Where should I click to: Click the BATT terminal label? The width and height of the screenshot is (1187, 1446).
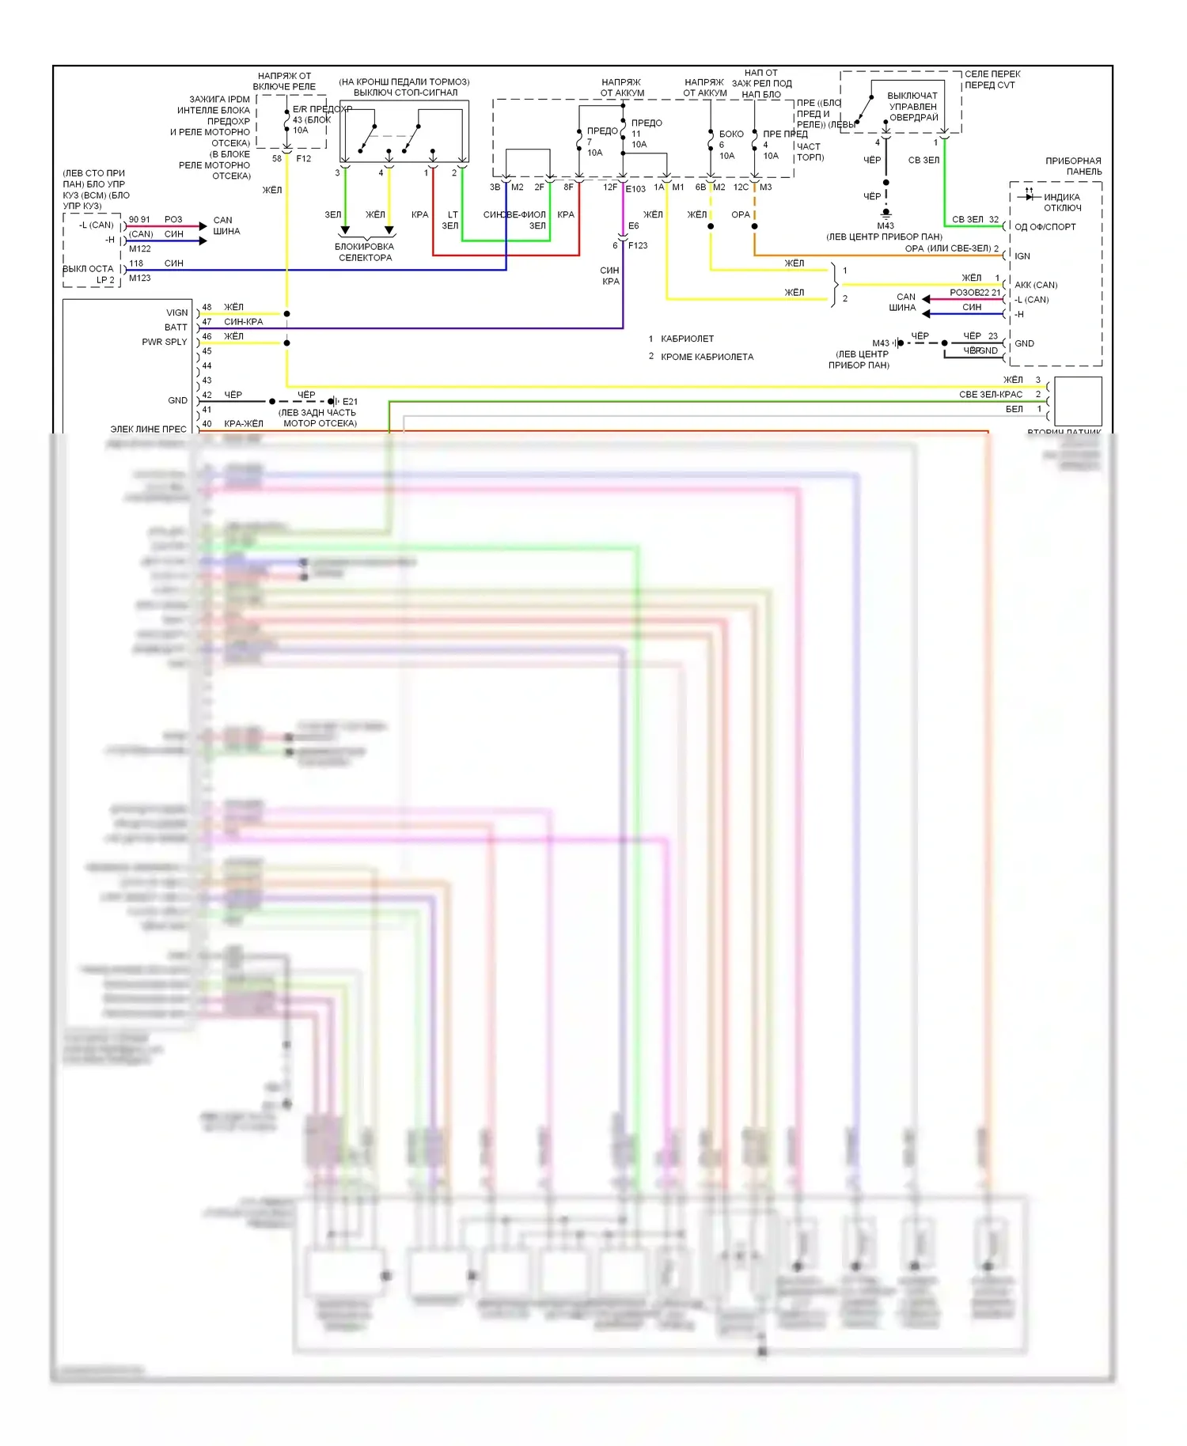tap(176, 327)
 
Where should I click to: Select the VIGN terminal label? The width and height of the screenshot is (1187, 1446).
tap(176, 312)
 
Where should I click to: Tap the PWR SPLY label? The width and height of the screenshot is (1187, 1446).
tap(164, 343)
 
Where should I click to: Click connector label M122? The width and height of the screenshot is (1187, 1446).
tap(140, 248)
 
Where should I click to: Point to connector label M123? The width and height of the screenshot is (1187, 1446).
tap(140, 278)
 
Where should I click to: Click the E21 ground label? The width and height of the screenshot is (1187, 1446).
tap(350, 401)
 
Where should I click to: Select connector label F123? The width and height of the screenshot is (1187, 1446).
tap(638, 245)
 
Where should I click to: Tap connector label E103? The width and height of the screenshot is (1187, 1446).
tap(635, 189)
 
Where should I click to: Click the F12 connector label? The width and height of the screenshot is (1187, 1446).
tap(304, 159)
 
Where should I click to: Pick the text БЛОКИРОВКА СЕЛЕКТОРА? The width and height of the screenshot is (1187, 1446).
tap(365, 252)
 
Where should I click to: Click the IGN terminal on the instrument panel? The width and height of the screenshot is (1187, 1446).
tap(1022, 256)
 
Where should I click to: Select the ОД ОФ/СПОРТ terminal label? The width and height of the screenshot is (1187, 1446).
tap(1045, 227)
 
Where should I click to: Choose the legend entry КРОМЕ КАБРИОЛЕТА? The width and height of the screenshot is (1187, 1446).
tap(707, 357)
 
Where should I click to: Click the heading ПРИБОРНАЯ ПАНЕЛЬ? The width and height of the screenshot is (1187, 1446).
tap(1073, 166)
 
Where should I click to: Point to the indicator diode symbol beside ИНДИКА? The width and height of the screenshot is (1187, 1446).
tap(1029, 195)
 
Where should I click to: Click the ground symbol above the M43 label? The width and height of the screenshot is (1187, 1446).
tap(886, 212)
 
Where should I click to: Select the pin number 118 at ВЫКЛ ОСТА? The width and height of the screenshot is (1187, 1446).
tap(136, 263)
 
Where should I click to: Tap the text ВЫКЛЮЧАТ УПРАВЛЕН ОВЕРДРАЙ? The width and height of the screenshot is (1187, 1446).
tap(912, 107)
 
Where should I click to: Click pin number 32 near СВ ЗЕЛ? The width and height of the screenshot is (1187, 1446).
tap(993, 219)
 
